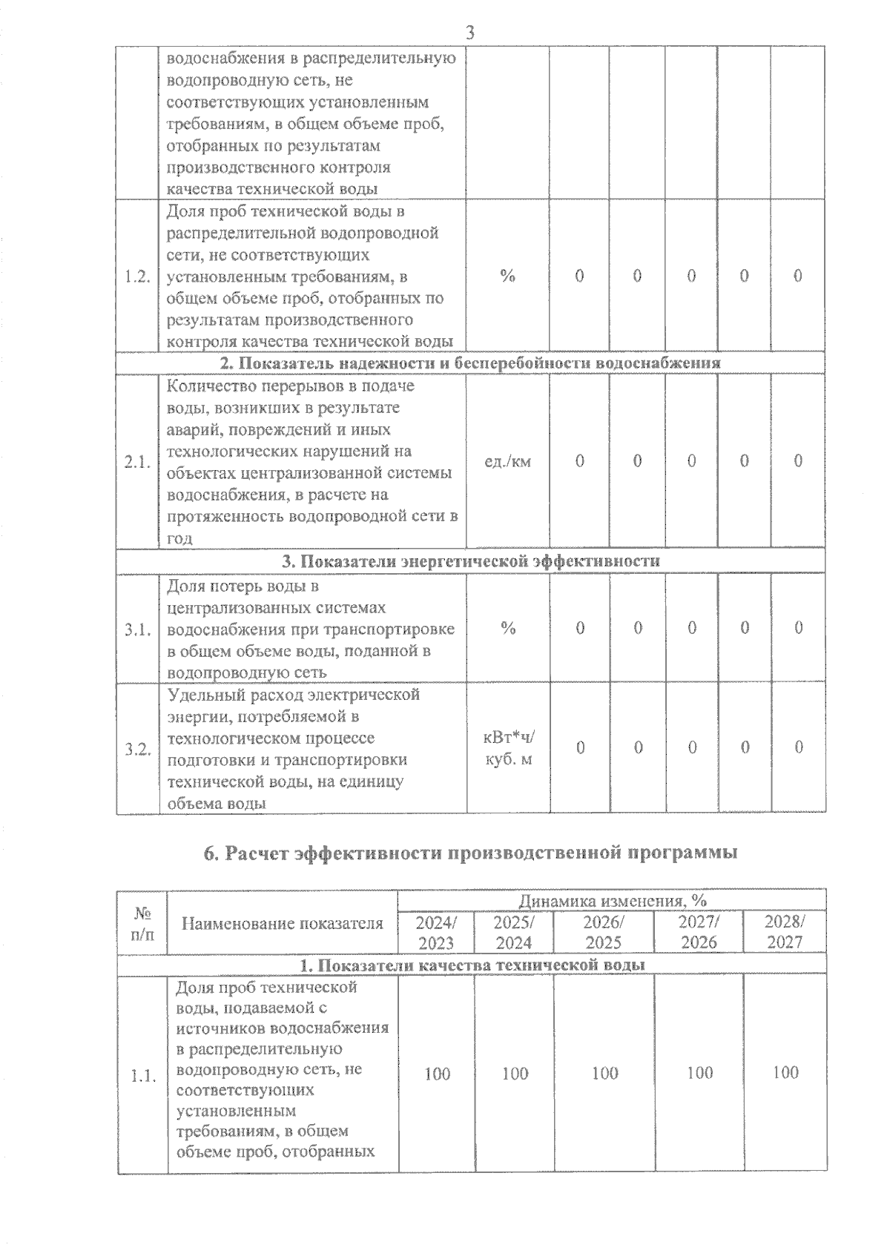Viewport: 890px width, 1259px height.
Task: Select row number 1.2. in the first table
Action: coord(139,277)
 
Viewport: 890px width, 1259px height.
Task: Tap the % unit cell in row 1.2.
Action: coord(507,276)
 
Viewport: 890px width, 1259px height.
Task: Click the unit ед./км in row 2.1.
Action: coord(507,461)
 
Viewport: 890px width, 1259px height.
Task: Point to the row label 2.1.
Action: coord(139,462)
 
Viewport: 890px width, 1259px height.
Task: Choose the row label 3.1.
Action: coord(139,629)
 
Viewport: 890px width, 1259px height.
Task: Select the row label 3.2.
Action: coord(139,749)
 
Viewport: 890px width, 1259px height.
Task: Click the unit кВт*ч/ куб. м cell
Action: coord(507,748)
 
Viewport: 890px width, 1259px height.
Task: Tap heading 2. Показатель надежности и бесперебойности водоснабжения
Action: coord(471,363)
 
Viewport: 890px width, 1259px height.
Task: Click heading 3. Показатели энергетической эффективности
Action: coord(471,561)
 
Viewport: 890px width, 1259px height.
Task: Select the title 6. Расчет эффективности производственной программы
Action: coord(471,853)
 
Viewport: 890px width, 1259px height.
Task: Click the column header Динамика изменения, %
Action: coord(612,901)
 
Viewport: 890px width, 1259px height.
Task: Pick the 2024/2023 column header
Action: coord(436,933)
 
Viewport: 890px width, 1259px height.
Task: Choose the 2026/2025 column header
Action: coord(604,933)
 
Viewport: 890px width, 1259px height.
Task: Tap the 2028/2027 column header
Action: coord(784,933)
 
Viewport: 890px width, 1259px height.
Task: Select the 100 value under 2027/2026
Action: coord(699,1073)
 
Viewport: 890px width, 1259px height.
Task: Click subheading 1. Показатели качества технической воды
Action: coord(471,965)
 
